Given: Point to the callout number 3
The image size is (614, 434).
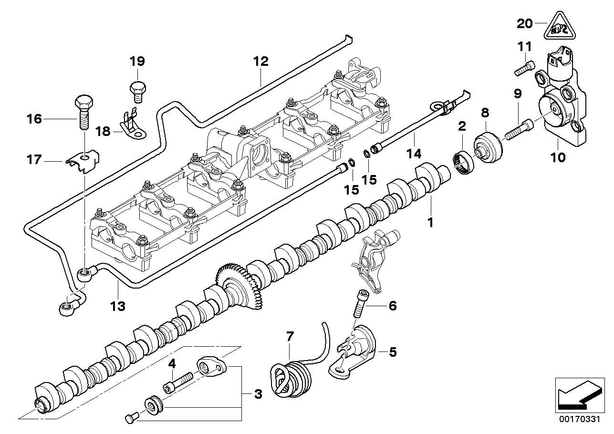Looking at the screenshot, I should pos(257,394).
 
